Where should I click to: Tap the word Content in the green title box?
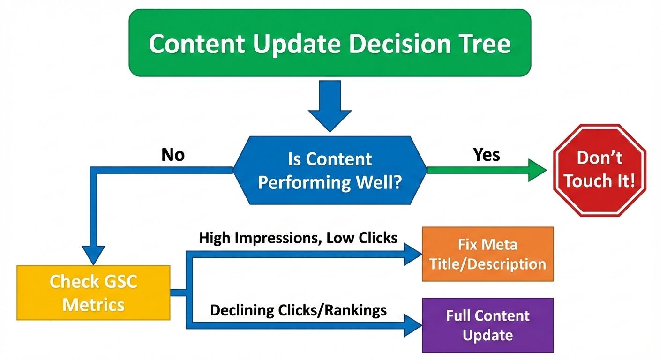click(197, 44)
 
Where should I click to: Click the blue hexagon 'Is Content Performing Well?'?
click(330, 170)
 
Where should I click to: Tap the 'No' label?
click(173, 154)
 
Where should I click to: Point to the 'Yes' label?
click(487, 154)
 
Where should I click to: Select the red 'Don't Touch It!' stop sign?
click(600, 170)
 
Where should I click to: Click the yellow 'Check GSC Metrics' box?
click(93, 293)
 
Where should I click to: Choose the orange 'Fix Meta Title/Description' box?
click(487, 254)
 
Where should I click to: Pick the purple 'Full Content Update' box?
click(487, 325)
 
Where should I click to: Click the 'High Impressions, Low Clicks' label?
click(298, 238)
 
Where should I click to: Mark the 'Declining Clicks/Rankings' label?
click(298, 310)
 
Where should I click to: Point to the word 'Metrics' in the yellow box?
click(93, 305)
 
